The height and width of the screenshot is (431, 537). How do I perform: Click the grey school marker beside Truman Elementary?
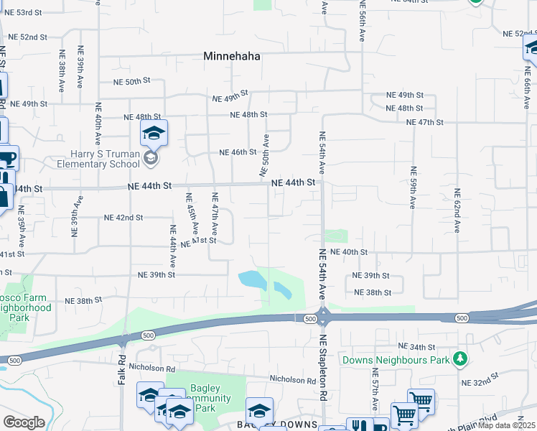click(151, 157)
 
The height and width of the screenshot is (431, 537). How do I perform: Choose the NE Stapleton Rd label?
click(323, 368)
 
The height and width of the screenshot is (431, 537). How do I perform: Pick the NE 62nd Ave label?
click(457, 211)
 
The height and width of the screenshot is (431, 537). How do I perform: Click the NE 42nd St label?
click(123, 218)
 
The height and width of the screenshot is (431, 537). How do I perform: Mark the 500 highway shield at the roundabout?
click(310, 318)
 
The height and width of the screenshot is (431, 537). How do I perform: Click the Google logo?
click(23, 422)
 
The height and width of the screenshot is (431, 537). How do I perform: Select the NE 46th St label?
click(238, 152)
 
